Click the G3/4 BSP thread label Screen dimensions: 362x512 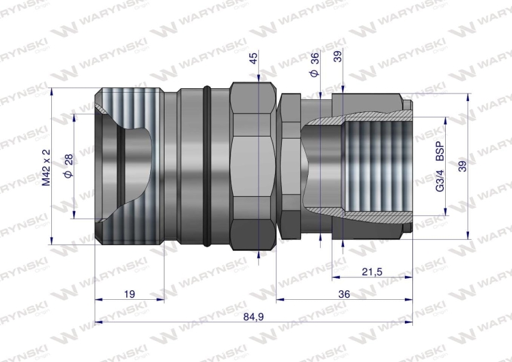tap(439, 167)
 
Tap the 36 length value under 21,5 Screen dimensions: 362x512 tap(344, 294)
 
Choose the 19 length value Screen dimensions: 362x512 tap(129, 294)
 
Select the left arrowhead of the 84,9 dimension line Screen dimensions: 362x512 tap(98, 321)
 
